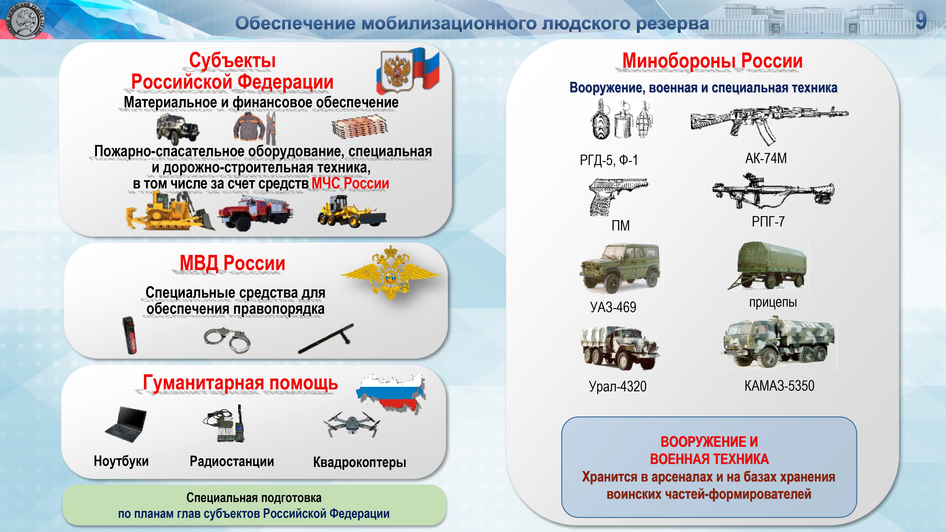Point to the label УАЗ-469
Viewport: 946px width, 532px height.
pos(613,307)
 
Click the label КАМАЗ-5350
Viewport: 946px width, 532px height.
pos(779,385)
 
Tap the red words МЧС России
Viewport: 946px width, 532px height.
pos(350,183)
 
